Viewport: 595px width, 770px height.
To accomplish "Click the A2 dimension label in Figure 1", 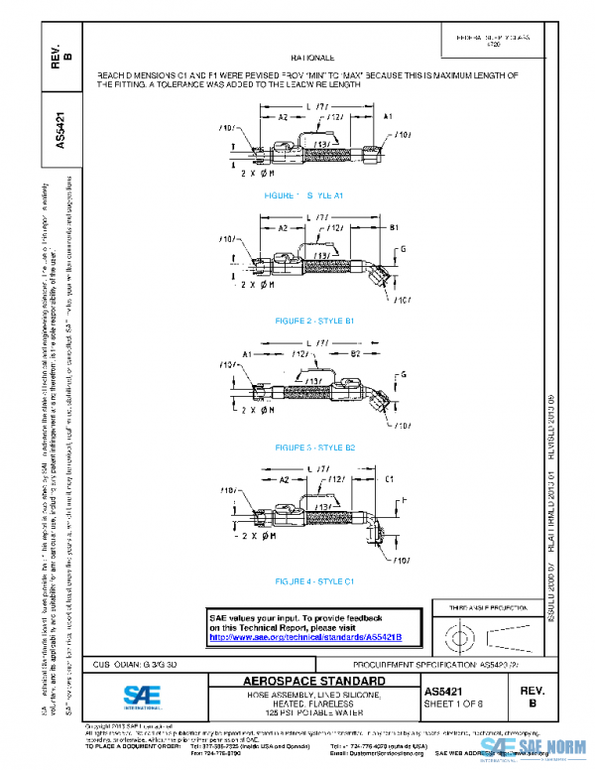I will point(283,117).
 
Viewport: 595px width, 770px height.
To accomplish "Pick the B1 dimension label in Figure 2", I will point(393,228).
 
